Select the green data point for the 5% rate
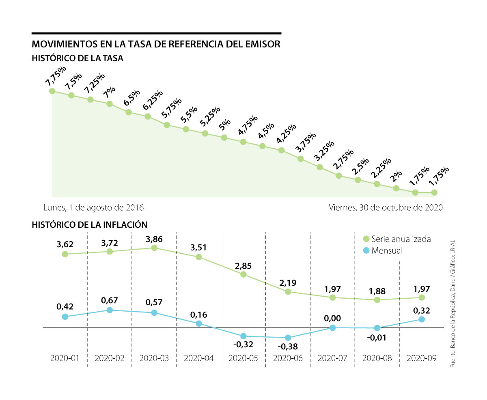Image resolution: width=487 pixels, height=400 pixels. pyautogui.click(x=224, y=138)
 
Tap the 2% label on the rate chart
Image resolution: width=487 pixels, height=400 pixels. pyautogui.click(x=396, y=174)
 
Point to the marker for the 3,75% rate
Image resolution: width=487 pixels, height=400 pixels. pyautogui.click(x=301, y=159)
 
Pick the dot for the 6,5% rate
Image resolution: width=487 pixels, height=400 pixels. pyautogui.click(x=129, y=112)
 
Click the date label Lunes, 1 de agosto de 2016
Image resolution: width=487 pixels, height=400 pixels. pyautogui.click(x=93, y=207)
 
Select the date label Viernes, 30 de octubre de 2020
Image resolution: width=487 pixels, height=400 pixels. pyautogui.click(x=386, y=207)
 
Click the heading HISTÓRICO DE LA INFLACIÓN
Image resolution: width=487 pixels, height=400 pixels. pyautogui.click(x=89, y=224)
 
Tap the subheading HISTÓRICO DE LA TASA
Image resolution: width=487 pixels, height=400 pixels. pyautogui.click(x=78, y=58)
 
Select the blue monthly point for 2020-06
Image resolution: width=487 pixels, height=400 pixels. pyautogui.click(x=288, y=338)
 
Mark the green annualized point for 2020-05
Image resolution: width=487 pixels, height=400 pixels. pyautogui.click(x=243, y=274)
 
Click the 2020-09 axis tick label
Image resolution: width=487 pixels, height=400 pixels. pyautogui.click(x=422, y=358)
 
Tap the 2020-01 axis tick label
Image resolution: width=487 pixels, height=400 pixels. pyautogui.click(x=65, y=358)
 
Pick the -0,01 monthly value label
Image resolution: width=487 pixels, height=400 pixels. pyautogui.click(x=377, y=338)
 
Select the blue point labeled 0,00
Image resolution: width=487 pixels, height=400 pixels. pyautogui.click(x=333, y=327)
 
